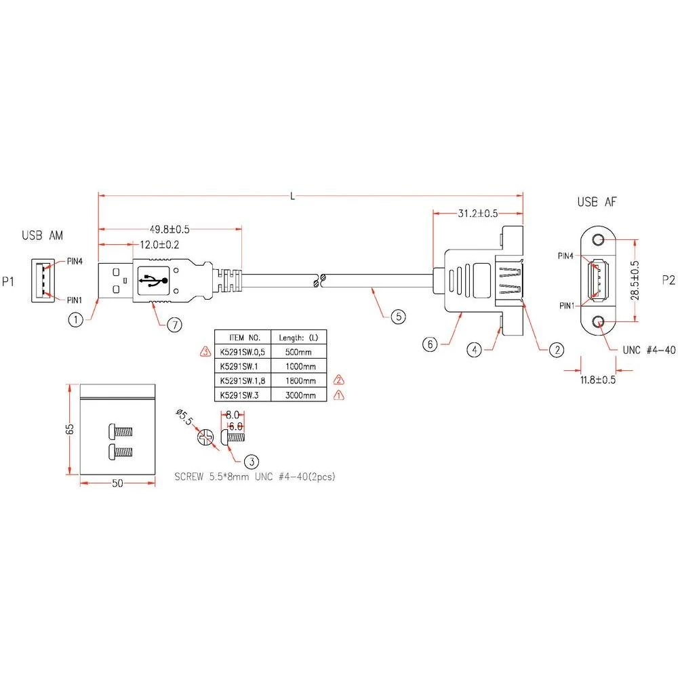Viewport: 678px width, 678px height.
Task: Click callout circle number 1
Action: tap(77, 319)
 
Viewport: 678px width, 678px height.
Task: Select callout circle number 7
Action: tap(175, 325)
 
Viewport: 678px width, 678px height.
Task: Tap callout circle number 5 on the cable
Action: tap(398, 315)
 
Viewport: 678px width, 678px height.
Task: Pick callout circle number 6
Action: tap(428, 344)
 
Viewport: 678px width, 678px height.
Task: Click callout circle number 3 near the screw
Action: tap(250, 462)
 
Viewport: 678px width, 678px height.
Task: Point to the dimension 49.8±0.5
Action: tap(169, 229)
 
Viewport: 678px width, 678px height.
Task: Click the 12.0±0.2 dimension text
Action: tap(160, 245)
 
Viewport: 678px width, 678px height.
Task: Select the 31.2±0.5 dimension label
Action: tap(478, 213)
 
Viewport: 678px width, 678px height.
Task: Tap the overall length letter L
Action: tap(292, 196)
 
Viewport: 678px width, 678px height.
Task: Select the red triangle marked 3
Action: tap(205, 351)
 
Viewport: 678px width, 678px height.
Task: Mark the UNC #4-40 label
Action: tap(649, 350)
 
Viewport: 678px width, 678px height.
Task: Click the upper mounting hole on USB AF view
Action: tap(598, 239)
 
